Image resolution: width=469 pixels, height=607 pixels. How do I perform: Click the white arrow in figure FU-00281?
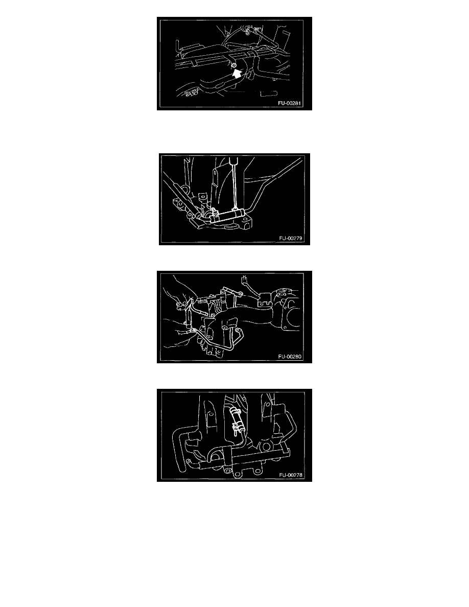[x=237, y=73]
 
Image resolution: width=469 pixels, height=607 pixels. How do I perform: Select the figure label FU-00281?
[x=289, y=103]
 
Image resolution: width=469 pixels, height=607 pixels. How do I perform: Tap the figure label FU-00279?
[x=291, y=239]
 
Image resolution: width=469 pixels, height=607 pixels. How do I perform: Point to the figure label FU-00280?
[x=290, y=357]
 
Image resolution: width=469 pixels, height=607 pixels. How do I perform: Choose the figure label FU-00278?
[x=291, y=475]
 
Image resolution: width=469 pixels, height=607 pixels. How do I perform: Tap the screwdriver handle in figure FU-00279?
[x=233, y=160]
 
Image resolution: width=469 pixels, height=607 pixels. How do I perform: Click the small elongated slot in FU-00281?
[x=268, y=94]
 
